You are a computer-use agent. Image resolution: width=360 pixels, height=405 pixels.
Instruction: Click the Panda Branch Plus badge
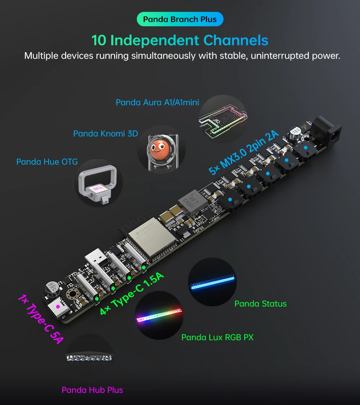point(180,19)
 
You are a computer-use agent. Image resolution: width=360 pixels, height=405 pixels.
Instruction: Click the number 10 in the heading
point(99,40)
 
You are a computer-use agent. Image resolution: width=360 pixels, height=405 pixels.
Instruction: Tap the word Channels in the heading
point(236,40)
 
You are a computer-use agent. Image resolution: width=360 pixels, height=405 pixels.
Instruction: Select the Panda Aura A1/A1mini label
point(157,103)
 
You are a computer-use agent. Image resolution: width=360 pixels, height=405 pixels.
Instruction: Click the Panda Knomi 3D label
point(105,134)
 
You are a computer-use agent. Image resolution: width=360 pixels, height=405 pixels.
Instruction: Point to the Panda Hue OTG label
point(47,162)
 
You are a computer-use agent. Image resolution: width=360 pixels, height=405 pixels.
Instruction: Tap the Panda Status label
point(260,303)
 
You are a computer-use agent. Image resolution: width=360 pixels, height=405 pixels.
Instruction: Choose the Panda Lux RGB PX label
point(217,337)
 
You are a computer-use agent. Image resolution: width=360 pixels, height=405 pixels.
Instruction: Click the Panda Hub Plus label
point(92,390)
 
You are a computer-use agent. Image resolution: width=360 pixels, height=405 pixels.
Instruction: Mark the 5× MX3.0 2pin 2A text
point(244,153)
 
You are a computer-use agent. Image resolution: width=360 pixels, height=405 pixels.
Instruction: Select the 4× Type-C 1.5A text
point(132,294)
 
